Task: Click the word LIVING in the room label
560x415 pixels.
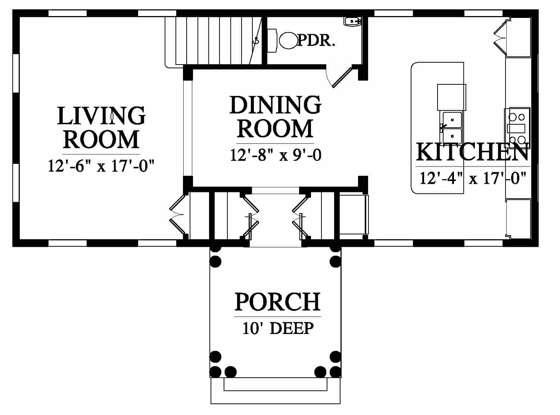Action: coord(101,116)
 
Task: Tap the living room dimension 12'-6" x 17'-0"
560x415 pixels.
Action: coord(101,166)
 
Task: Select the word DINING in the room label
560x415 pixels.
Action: coord(275,105)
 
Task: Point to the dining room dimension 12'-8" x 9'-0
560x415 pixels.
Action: coord(276,155)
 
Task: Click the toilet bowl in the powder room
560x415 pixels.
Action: coord(288,41)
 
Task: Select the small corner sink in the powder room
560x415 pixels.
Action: coord(353,21)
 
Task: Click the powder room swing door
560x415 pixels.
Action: coord(342,76)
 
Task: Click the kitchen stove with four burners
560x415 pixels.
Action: coord(517,128)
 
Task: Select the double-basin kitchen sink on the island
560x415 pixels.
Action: coord(452,128)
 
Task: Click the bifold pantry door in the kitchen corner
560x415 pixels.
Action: coord(500,37)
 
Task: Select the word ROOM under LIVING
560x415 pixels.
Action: coord(101,139)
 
